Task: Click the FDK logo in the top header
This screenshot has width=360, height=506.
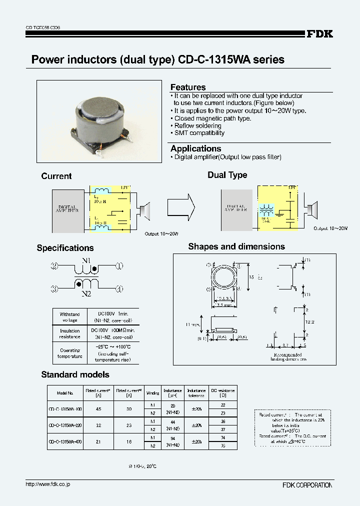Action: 319,34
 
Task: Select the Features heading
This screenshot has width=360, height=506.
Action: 188,87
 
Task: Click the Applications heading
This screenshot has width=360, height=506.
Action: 195,148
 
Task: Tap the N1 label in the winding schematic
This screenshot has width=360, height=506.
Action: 86,260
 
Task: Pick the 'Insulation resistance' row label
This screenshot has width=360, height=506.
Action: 69,333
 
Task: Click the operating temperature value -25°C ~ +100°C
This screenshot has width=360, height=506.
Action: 112,346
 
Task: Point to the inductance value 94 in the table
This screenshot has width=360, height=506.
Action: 172,438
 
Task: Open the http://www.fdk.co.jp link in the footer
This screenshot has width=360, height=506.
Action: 47,484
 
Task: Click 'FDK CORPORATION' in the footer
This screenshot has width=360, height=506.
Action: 306,485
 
